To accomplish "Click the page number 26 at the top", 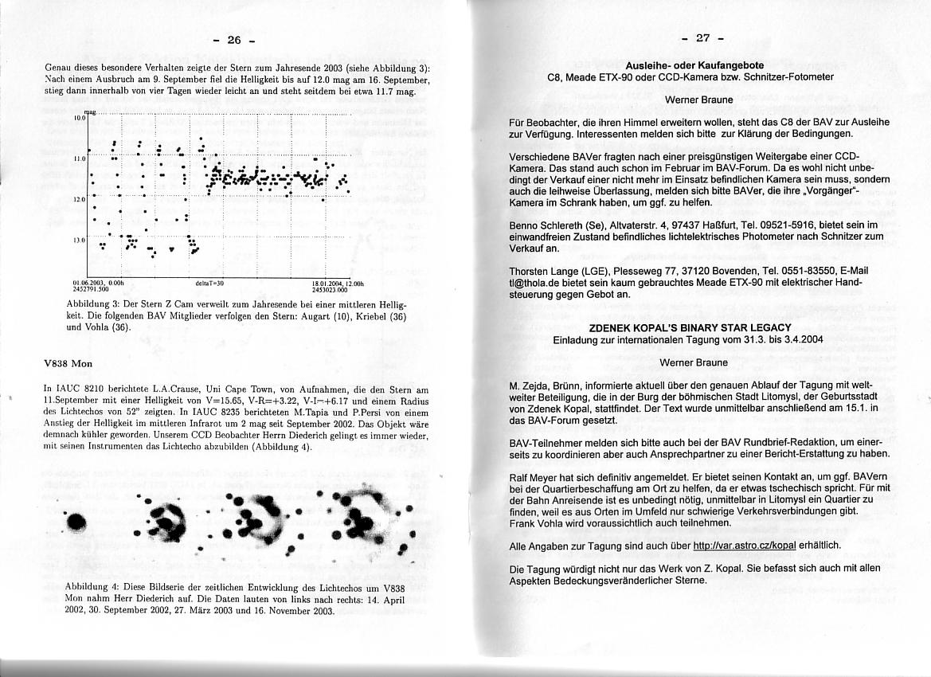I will (x=233, y=39).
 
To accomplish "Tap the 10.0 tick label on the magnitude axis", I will (x=80, y=118).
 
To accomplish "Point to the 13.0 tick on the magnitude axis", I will (x=80, y=239).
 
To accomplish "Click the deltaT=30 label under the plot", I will (x=209, y=283).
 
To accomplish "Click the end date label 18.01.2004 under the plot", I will (x=338, y=283).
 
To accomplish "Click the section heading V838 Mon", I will (x=68, y=363).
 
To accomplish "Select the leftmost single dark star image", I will (x=76, y=522).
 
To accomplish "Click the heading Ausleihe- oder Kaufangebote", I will (x=694, y=65).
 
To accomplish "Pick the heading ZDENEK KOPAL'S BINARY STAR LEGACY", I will (x=690, y=327).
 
